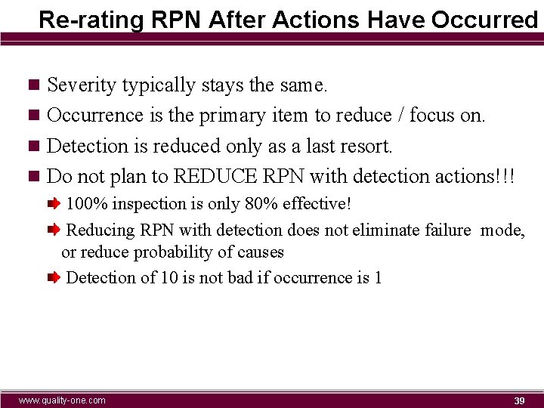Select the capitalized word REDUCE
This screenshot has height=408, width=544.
coord(215,176)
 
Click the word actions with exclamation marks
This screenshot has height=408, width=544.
coord(474,176)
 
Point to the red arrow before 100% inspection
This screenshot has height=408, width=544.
coord(54,204)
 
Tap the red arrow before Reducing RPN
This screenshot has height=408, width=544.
coord(54,230)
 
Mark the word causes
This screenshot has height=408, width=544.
coord(259,252)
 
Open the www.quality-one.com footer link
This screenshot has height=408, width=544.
coord(62,400)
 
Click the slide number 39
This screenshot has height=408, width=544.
coord(519,400)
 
